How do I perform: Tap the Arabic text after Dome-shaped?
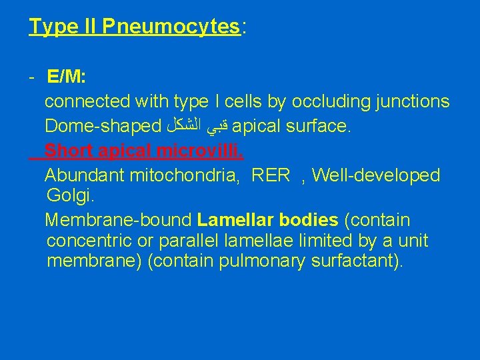(198, 126)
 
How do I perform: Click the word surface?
(316, 126)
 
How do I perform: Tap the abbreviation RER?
(271, 175)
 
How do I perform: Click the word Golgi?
(65, 196)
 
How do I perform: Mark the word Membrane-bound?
(118, 220)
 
